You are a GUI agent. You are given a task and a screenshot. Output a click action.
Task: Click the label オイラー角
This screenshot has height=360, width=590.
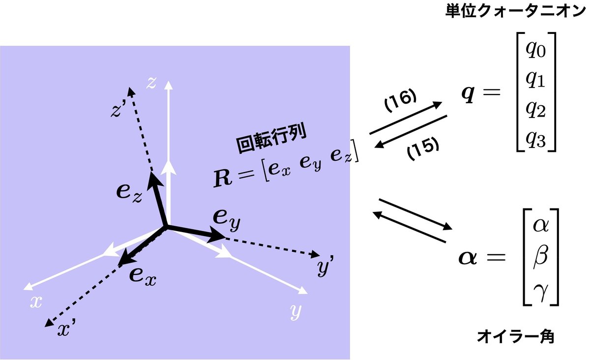tap(516, 337)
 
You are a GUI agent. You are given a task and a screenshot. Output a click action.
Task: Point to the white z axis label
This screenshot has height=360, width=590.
tap(151, 83)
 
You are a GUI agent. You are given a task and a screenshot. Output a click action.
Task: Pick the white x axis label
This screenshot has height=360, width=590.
tap(35, 302)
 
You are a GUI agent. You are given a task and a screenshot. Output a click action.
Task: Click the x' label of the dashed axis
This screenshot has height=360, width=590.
tap(66, 330)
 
